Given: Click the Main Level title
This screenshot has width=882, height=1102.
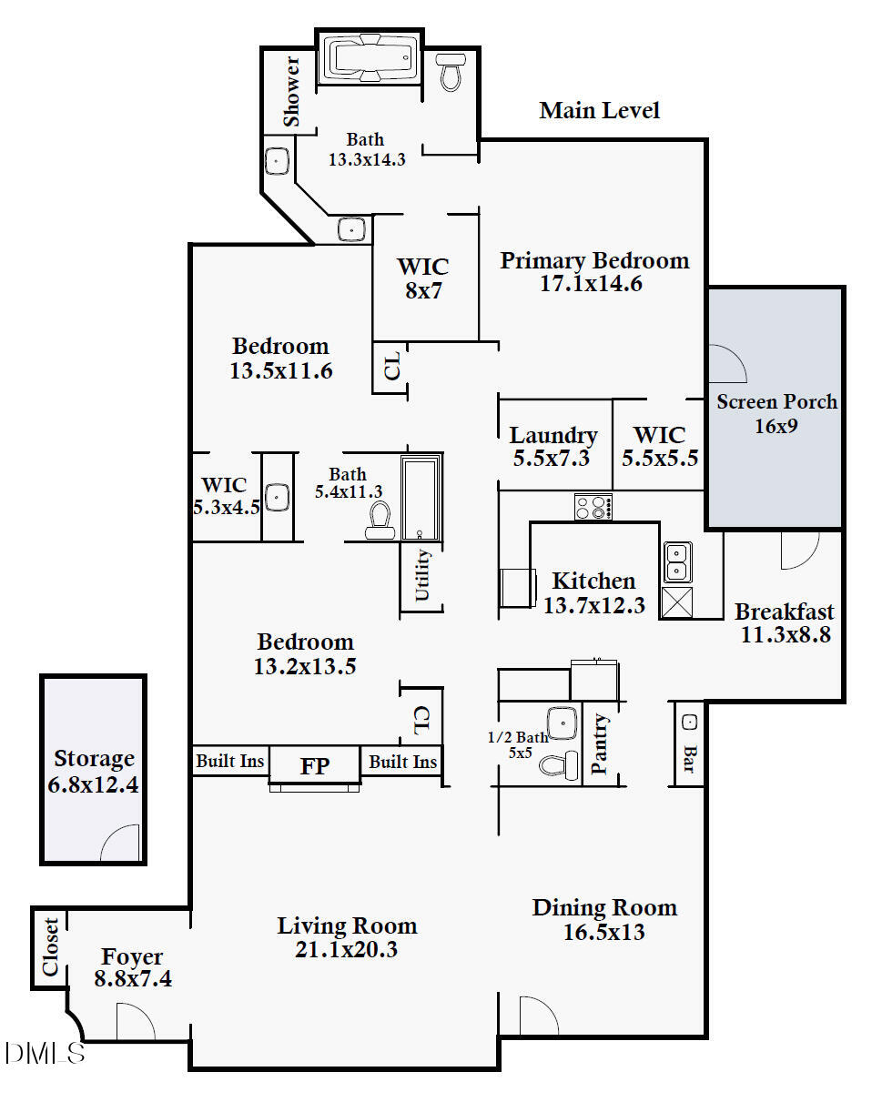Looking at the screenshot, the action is tap(599, 111).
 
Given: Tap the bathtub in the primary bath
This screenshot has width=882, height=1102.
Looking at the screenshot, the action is tap(370, 58).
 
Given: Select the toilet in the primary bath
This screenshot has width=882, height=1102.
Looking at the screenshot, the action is tap(451, 72).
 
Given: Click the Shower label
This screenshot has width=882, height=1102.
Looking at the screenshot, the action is tap(291, 91).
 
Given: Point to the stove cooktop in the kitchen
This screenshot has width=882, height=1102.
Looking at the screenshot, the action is tap(593, 507).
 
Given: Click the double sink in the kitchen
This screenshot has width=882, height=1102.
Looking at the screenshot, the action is tap(677, 562).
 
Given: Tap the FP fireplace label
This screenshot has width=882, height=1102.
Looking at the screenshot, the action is tap(315, 766).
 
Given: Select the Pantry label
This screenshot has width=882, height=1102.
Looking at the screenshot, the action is tap(600, 744).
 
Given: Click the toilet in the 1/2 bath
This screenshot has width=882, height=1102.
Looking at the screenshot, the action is tap(558, 765).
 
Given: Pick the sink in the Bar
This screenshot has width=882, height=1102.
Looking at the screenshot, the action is tap(690, 723).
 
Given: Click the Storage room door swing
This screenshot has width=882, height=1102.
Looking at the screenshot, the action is tap(120, 843).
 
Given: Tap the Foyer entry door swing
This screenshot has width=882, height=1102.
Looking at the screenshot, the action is tap(136, 1021).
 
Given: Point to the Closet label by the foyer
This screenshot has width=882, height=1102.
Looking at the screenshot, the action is tap(51, 946).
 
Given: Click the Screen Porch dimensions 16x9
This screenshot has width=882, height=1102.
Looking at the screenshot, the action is tap(776, 426).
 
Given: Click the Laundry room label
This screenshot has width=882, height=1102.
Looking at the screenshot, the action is tap(553, 436).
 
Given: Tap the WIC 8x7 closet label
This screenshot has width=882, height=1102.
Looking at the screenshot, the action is tap(423, 278).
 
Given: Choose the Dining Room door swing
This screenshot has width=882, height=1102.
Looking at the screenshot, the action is tap(539, 1016).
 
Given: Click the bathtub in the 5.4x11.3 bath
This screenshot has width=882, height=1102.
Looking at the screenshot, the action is tap(421, 498).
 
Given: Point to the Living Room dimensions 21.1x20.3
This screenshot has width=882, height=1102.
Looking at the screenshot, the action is tap(346, 949).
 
